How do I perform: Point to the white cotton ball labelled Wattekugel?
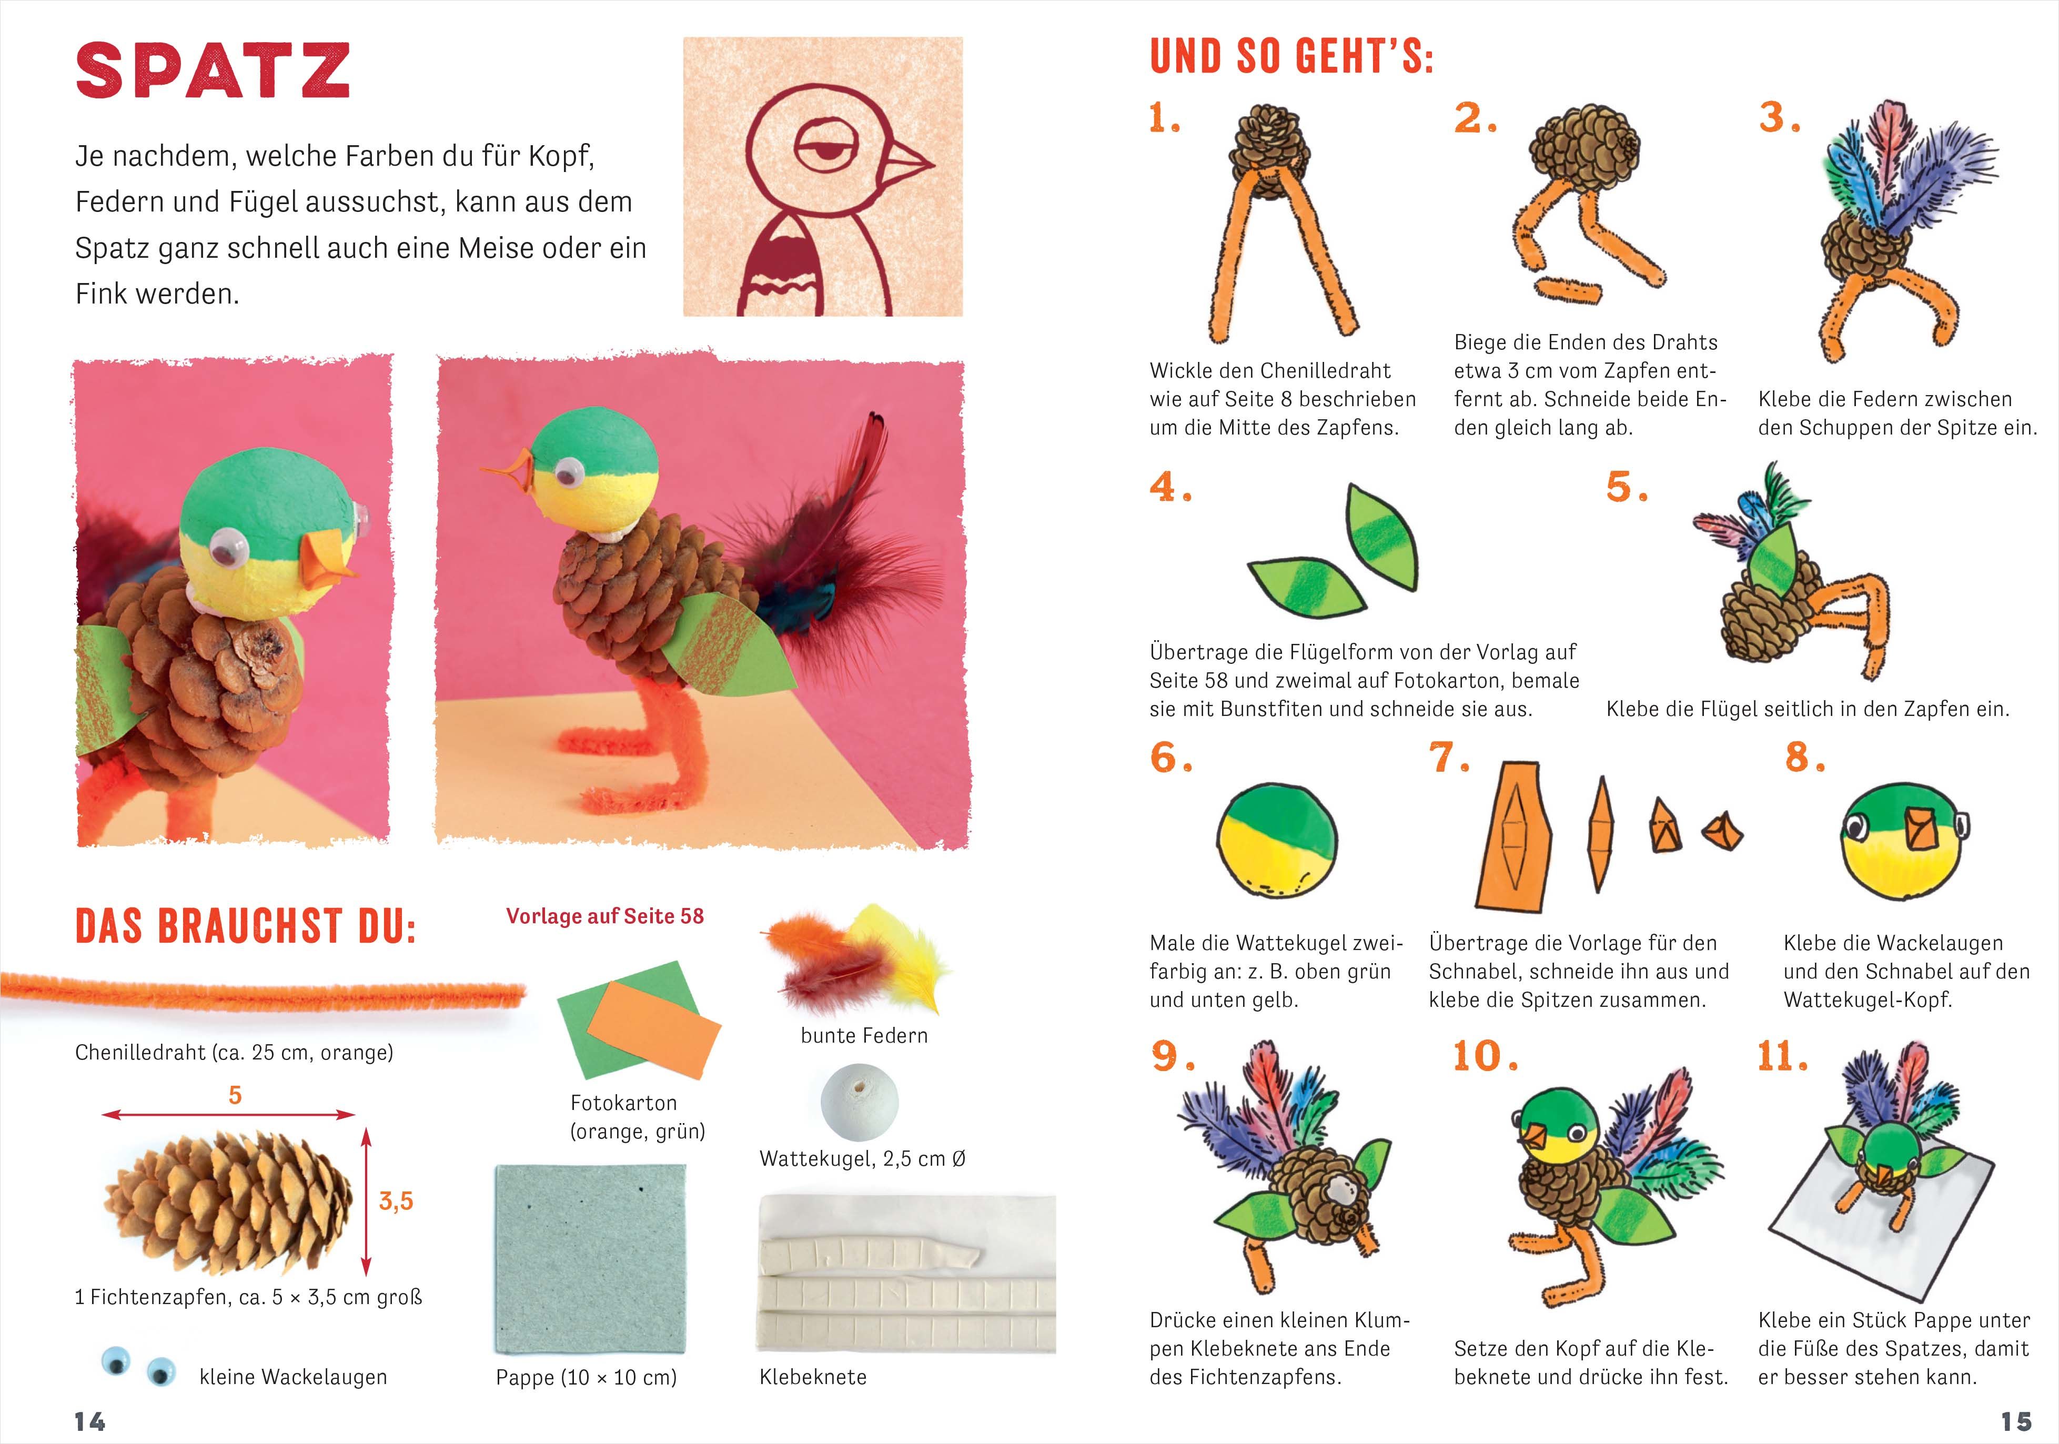pyautogui.click(x=859, y=1102)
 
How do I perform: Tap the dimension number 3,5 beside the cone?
pyautogui.click(x=396, y=1201)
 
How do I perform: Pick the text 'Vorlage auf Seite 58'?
pyautogui.click(x=605, y=916)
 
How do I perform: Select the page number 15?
pyautogui.click(x=2016, y=1421)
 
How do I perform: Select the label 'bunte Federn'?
pyautogui.click(x=864, y=1035)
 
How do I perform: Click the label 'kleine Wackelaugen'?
pyautogui.click(x=293, y=1377)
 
